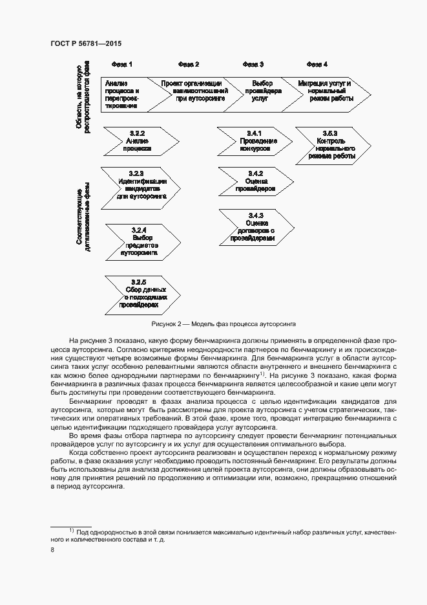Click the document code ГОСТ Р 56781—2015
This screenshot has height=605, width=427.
[x=86, y=43]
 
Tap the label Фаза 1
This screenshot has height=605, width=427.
[x=122, y=64]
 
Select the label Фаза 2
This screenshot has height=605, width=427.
[x=189, y=64]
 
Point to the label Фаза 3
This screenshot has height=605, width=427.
[x=253, y=64]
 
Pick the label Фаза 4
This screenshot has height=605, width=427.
[x=317, y=64]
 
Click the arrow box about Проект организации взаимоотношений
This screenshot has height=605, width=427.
[x=193, y=93]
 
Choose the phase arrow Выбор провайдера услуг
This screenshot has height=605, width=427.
[x=262, y=93]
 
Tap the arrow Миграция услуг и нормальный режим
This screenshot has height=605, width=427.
[x=326, y=93]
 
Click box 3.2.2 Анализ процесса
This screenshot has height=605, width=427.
[x=139, y=141]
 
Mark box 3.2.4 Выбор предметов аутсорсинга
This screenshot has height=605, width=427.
[x=141, y=241]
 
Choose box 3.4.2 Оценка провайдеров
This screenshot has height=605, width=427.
[x=255, y=181]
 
